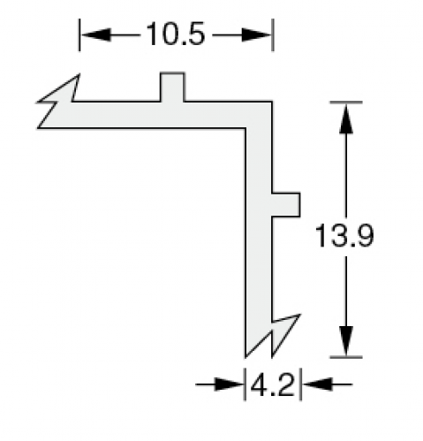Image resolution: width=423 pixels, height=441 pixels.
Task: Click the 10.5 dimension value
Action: pos(175,34)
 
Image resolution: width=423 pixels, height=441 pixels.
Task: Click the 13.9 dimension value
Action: pos(344,235)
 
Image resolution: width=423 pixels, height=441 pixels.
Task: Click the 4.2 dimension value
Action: pos(273,384)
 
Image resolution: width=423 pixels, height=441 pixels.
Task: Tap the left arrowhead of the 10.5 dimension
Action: pos(96,34)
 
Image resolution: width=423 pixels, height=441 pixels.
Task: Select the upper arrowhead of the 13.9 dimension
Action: pos(346,118)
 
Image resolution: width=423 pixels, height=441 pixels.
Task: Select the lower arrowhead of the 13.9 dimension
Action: pos(346,341)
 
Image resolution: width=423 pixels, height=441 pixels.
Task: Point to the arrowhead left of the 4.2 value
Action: pos(229,384)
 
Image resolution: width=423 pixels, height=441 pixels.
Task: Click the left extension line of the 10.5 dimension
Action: pos(79,34)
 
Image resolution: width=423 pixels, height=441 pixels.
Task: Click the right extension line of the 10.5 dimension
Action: pos(273,34)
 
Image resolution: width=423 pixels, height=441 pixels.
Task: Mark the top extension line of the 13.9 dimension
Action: pos(346,103)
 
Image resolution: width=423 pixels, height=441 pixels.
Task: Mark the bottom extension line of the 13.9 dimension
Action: pos(346,357)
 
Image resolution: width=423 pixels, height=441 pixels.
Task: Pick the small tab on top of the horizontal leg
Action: pos(172,87)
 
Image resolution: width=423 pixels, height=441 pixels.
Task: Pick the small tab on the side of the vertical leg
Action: pos(286,205)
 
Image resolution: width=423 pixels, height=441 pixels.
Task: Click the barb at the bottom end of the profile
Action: pos(272,336)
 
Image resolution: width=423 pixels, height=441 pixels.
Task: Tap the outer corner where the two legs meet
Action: pos(272,102)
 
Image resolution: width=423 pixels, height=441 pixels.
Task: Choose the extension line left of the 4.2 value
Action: pos(245,384)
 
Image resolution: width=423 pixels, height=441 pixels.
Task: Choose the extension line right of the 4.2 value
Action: pos(300,384)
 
